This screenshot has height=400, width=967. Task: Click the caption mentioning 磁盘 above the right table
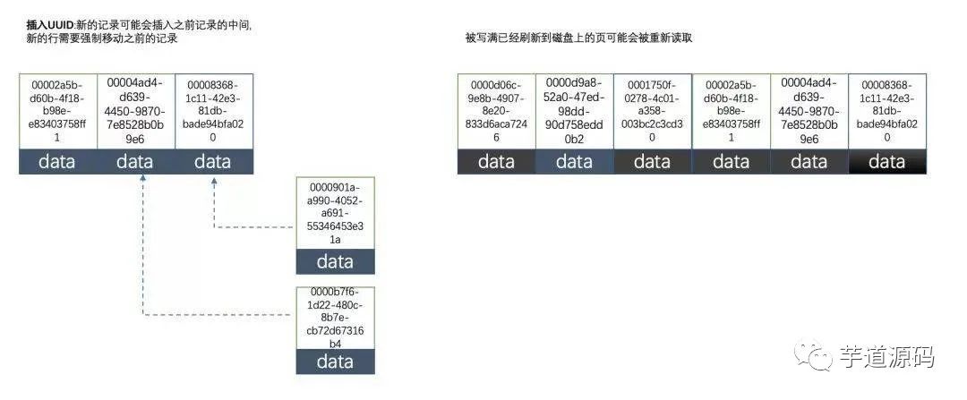[578, 38]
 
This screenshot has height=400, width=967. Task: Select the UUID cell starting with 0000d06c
[496, 111]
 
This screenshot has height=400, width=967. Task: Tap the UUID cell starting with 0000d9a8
[574, 111]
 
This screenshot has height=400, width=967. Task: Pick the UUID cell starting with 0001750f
[652, 111]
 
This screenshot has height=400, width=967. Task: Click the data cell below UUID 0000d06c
[496, 162]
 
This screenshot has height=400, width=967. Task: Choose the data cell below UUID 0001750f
[652, 162]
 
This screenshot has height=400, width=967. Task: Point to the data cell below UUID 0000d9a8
[574, 162]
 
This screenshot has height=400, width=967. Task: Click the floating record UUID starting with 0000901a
[335, 213]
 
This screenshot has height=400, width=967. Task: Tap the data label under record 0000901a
[335, 262]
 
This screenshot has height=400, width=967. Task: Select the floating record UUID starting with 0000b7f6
[335, 318]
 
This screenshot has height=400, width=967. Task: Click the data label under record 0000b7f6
[335, 362]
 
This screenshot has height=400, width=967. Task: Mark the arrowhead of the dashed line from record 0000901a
[214, 180]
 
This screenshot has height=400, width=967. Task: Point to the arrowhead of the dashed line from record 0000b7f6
[142, 180]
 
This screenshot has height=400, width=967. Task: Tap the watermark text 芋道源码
[886, 357]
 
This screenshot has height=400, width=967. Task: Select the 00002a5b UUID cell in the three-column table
[57, 111]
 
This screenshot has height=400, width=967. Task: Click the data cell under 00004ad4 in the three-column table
[135, 162]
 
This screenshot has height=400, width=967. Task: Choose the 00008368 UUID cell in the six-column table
[886, 111]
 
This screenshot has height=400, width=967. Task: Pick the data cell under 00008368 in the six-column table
[886, 162]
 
